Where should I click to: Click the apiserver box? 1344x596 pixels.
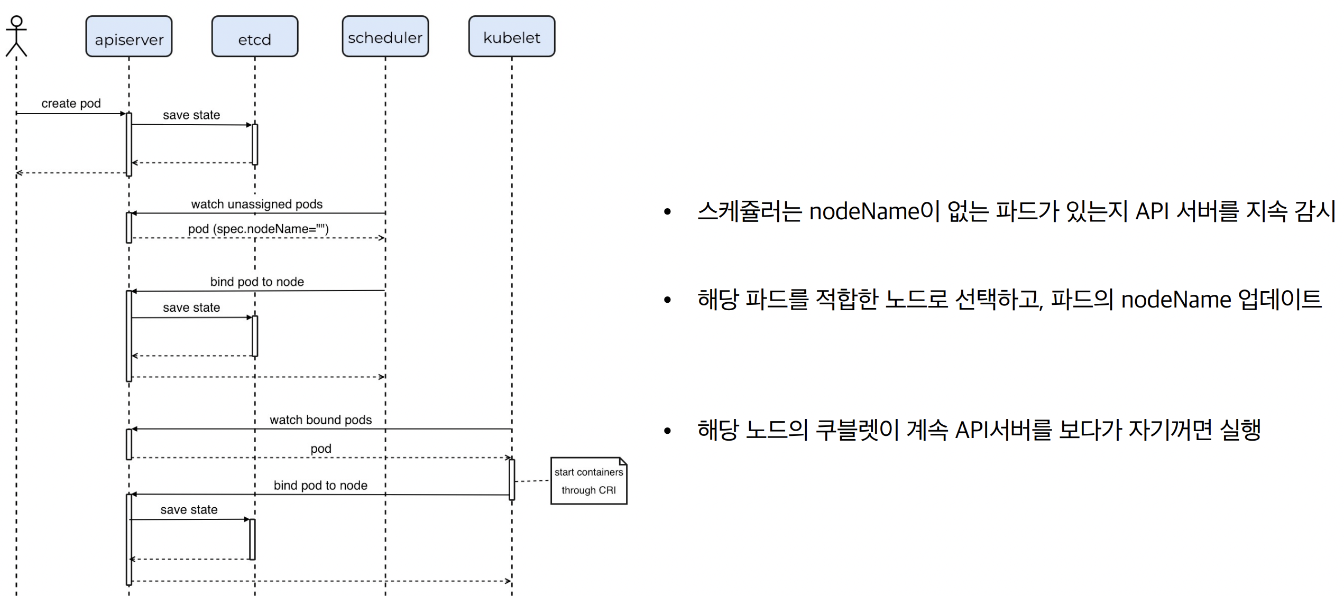click(128, 36)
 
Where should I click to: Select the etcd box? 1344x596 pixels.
click(254, 36)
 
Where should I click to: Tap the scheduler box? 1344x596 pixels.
click(385, 36)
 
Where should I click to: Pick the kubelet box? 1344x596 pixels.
click(511, 36)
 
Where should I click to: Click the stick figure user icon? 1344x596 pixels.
click(16, 35)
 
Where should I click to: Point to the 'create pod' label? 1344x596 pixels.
click(71, 104)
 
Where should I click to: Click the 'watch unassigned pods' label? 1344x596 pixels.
click(256, 204)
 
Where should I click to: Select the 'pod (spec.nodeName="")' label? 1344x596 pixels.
click(258, 229)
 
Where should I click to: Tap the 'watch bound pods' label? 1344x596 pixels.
click(320, 420)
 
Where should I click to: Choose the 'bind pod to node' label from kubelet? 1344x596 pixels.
click(320, 486)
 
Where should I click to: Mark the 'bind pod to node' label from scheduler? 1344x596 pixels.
click(257, 282)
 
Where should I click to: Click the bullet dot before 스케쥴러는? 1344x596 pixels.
click(667, 212)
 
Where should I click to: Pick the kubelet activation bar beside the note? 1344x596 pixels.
click(512, 479)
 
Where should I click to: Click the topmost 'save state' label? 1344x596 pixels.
click(191, 115)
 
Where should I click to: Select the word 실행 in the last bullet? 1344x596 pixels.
click(1240, 430)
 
